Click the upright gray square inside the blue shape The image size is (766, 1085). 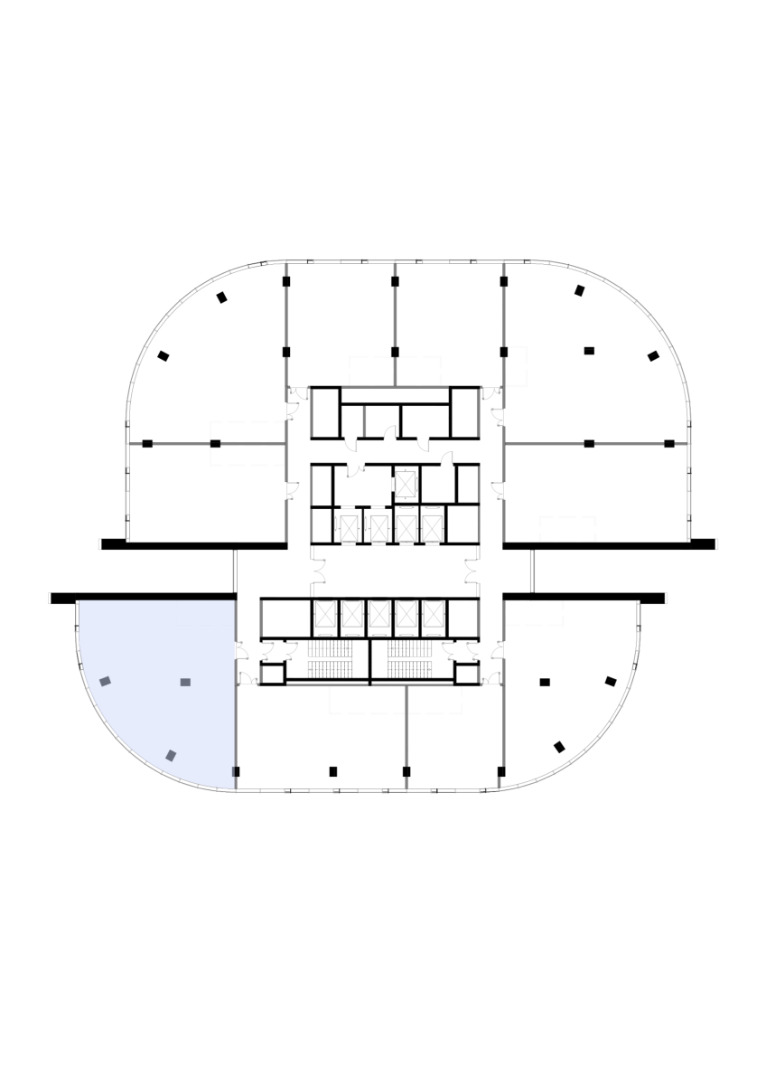(x=185, y=682)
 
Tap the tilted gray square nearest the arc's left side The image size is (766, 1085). (x=105, y=681)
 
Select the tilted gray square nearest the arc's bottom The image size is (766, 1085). (x=171, y=755)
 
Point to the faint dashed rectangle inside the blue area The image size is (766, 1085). (x=205, y=613)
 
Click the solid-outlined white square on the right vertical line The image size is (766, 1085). (x=516, y=367)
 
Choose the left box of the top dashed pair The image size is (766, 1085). (x=371, y=371)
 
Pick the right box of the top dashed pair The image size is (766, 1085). (x=419, y=371)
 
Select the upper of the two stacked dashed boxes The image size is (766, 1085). (x=248, y=431)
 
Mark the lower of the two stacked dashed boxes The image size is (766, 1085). (x=248, y=455)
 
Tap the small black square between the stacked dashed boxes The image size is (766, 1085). (x=215, y=443)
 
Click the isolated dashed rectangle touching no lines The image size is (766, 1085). (x=567, y=529)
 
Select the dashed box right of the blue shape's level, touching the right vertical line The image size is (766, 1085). (x=534, y=613)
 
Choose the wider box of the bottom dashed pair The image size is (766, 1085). (x=367, y=700)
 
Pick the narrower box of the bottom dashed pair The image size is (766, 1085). (x=435, y=700)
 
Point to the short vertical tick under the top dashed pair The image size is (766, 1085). (x=364, y=421)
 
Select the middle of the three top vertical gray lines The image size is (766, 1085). (x=395, y=307)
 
